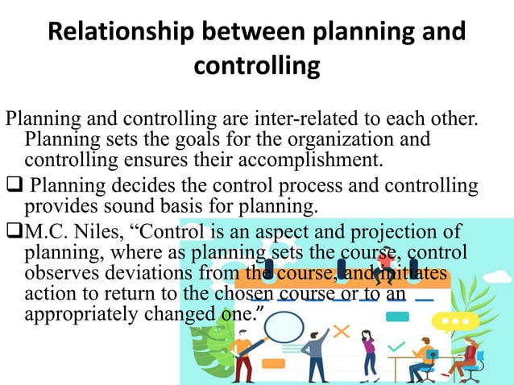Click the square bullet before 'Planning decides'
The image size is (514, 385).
[14, 187]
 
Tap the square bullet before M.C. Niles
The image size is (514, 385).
[14, 233]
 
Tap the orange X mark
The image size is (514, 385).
[342, 331]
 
